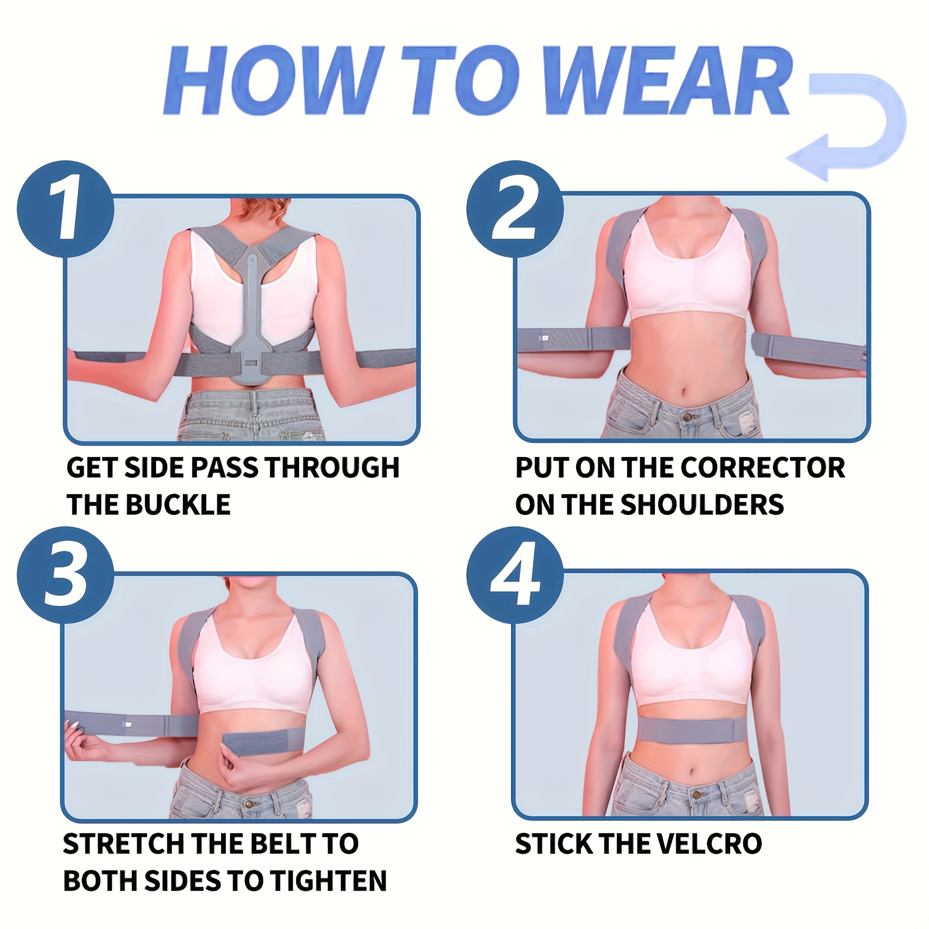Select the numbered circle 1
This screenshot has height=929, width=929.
pyautogui.click(x=65, y=209)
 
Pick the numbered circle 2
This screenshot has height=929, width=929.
pyautogui.click(x=515, y=209)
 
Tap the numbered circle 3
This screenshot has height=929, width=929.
pyautogui.click(x=65, y=575)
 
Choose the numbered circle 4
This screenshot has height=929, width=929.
pyautogui.click(x=515, y=575)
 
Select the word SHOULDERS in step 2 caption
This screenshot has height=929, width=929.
pyautogui.click(x=702, y=504)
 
